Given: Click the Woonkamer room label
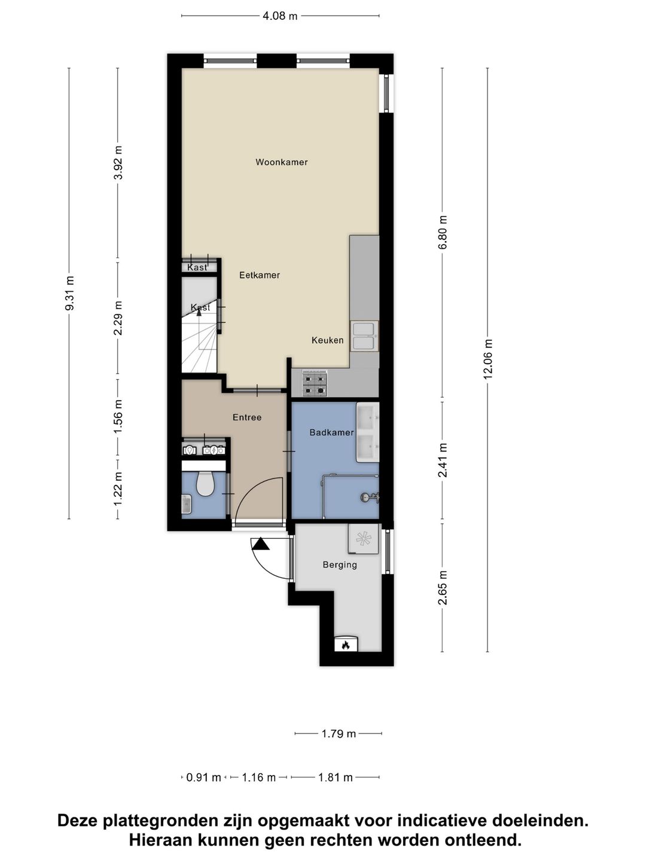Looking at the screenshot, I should tap(281, 162).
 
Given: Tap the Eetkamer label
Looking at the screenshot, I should tap(260, 275).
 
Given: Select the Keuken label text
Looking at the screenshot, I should tap(327, 340).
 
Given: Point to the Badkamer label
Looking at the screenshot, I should tap(331, 432).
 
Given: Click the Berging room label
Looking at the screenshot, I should tap(340, 564).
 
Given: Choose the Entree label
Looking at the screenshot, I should tap(247, 417).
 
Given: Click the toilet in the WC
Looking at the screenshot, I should tap(205, 484).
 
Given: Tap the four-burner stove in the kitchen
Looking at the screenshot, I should tap(315, 383).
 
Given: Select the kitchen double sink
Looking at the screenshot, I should tap(364, 336).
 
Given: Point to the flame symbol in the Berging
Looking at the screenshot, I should tap(345, 645).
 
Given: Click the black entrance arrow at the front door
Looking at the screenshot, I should tap(260, 544).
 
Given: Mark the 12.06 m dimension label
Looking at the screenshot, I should tap(488, 359).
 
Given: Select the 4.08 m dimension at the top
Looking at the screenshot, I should tap(280, 16).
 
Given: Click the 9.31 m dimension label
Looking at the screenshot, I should tap(69, 293).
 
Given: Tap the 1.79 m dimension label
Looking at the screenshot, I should tap(339, 734).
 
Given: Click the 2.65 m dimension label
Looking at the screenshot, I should tap(443, 588).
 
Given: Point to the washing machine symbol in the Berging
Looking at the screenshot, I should tap(364, 539).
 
